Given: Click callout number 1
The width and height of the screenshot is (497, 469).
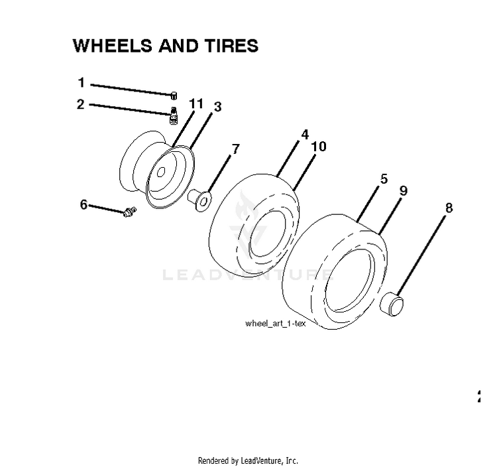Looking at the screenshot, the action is (82, 82).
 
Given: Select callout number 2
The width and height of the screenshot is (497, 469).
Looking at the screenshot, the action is (81, 104).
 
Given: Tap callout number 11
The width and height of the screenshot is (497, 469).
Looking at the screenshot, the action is (196, 103).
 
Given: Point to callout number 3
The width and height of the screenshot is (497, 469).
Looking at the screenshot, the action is (217, 107).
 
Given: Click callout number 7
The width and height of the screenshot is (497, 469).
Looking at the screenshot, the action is (236, 149).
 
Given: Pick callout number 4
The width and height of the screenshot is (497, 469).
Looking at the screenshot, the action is (305, 135).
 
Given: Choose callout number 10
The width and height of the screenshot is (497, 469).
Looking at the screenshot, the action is (319, 147).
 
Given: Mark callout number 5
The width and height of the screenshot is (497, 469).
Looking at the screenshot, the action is (384, 179).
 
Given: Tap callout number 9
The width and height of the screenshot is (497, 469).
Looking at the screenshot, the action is (403, 190).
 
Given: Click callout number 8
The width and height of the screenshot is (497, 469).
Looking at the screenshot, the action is (449, 208).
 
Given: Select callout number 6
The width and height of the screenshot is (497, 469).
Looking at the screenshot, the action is (83, 204).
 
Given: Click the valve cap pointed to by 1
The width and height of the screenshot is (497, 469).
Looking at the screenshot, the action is (174, 96).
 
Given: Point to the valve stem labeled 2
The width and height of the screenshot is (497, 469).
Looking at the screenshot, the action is (174, 116).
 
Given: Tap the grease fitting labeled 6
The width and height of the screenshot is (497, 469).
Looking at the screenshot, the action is (130, 212).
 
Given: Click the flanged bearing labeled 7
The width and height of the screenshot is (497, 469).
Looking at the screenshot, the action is (199, 200).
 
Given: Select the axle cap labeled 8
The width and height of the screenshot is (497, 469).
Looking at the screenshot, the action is (392, 304).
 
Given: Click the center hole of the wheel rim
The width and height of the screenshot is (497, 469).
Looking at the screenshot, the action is (161, 172).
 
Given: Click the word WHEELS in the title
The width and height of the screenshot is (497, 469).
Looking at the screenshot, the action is (113, 46).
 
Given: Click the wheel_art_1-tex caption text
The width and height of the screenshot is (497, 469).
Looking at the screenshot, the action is (276, 323).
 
